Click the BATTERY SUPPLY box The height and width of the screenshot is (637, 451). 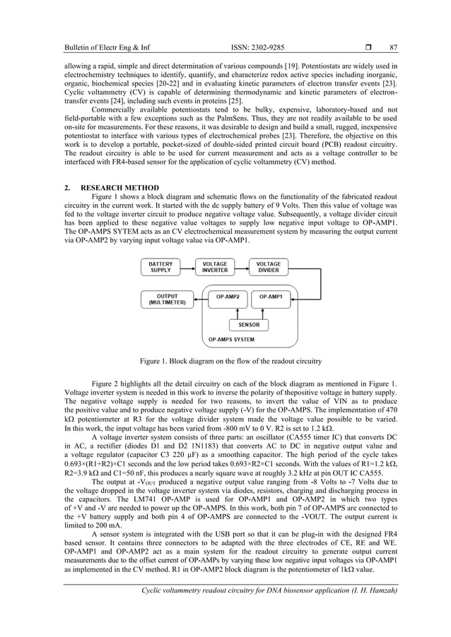pos(160,267)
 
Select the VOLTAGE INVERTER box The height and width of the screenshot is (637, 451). pos(215,267)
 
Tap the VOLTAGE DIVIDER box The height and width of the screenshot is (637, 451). pos(268,267)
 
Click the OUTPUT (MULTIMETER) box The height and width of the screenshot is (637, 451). pos(167,299)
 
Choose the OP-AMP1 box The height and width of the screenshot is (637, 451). pos(270,297)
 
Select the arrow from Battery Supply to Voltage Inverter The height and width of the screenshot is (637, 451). pos(187,267)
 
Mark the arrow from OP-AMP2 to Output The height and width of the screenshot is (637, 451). pos(197,297)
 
